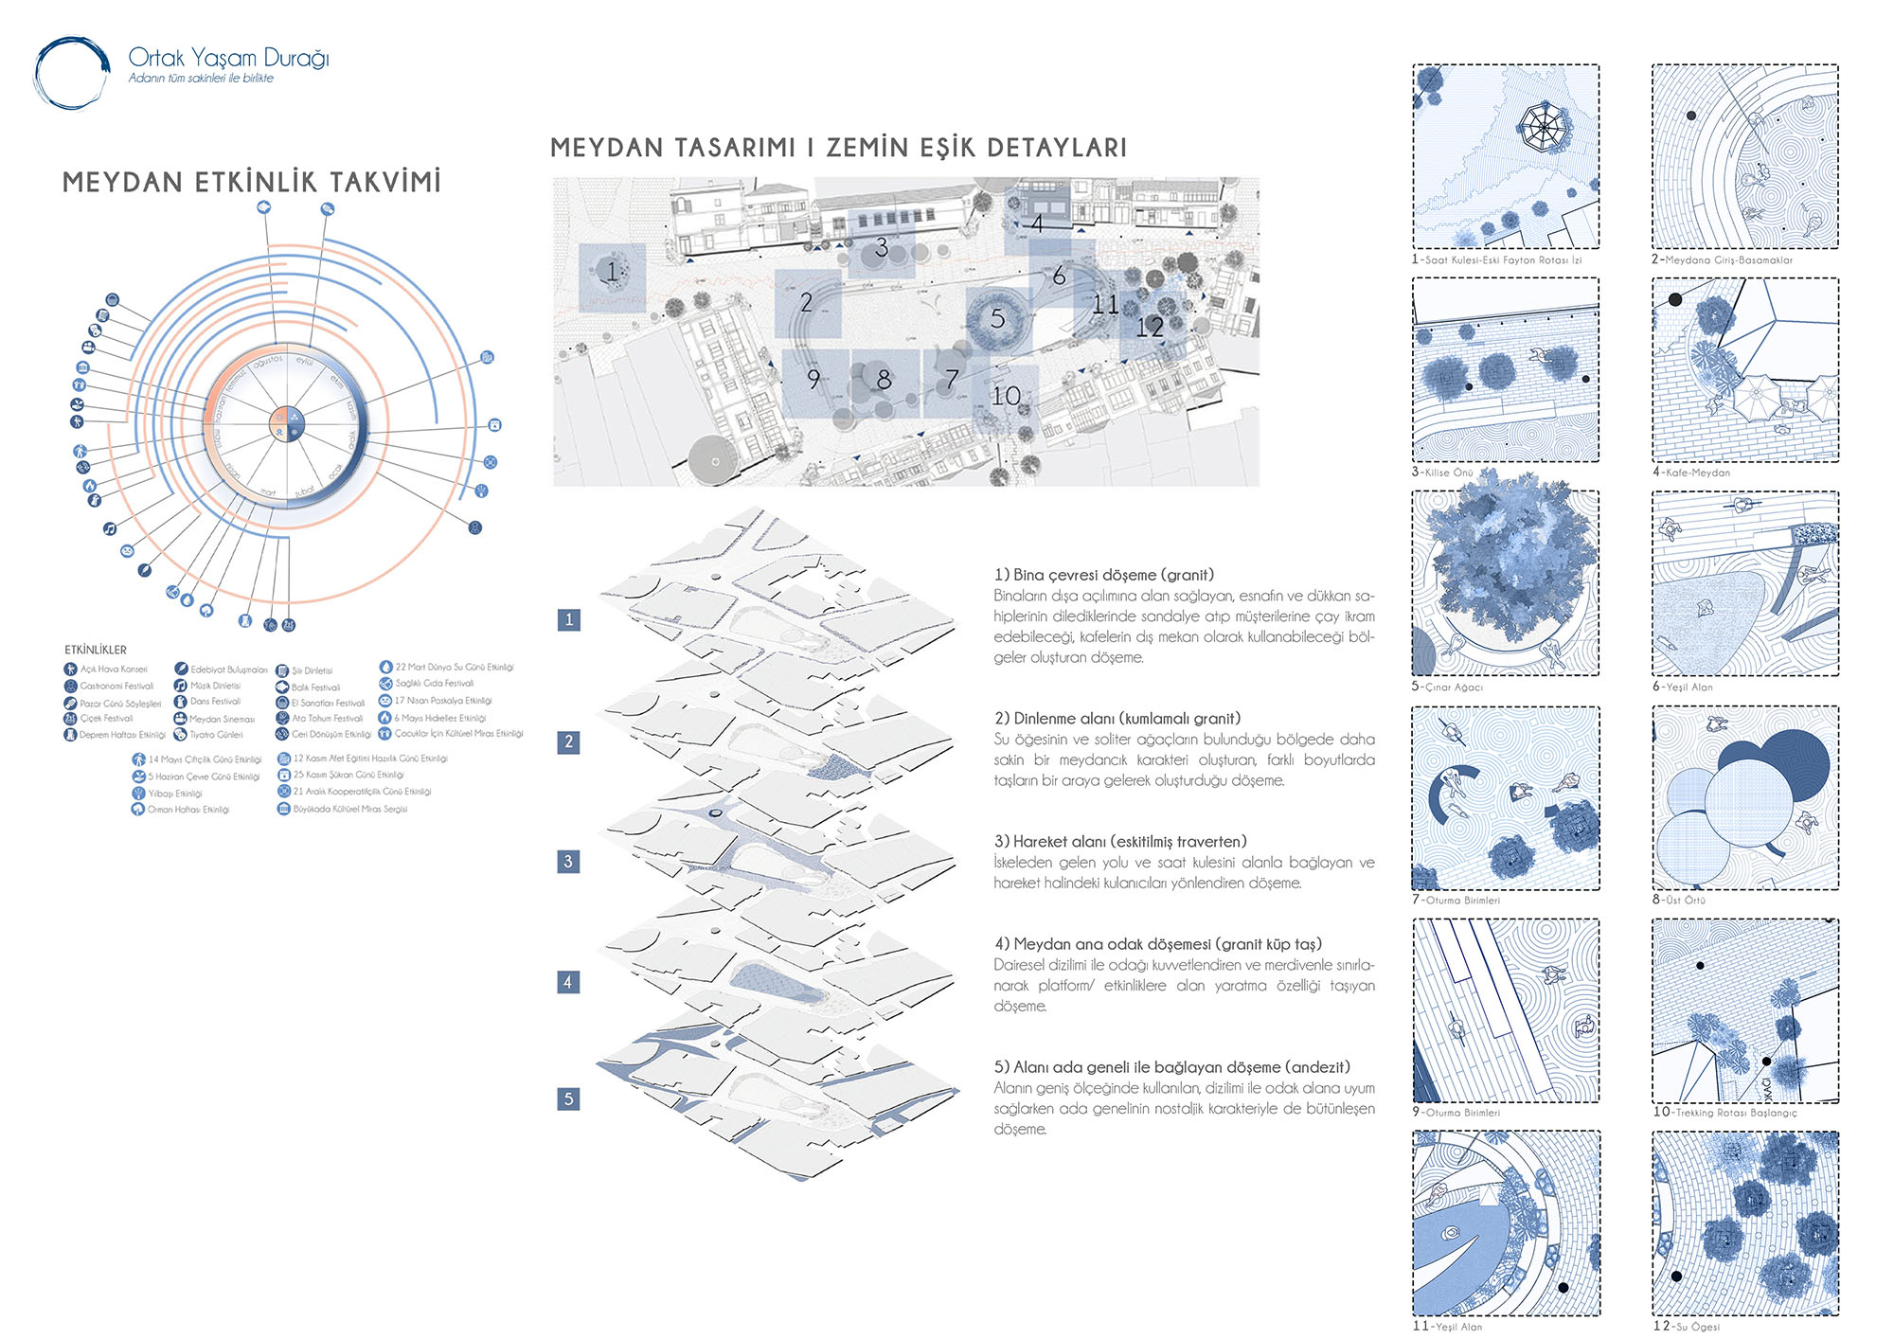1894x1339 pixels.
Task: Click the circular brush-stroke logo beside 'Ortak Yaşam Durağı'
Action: pos(71,74)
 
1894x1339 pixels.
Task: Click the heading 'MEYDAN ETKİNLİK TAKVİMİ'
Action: pos(252,183)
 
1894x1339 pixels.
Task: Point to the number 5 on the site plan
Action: pos(997,319)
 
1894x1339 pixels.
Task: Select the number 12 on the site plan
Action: pos(1150,328)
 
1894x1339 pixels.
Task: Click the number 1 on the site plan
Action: pos(612,272)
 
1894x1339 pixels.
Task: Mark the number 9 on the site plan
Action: pos(813,380)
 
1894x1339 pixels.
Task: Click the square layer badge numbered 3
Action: pos(568,862)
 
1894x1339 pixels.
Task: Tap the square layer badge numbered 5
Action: pos(568,1098)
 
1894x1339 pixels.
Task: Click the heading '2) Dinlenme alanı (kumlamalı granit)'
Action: pos(1117,719)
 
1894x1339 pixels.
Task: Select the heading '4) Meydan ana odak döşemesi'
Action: pos(1158,944)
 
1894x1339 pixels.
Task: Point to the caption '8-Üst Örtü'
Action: pos(1679,900)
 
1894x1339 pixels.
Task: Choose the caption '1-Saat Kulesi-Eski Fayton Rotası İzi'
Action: pos(1496,259)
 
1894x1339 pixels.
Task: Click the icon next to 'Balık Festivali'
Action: pos(282,687)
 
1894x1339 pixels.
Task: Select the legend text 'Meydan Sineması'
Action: pos(222,719)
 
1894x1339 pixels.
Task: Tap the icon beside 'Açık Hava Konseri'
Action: pos(70,669)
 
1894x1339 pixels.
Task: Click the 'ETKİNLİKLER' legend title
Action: pos(96,650)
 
